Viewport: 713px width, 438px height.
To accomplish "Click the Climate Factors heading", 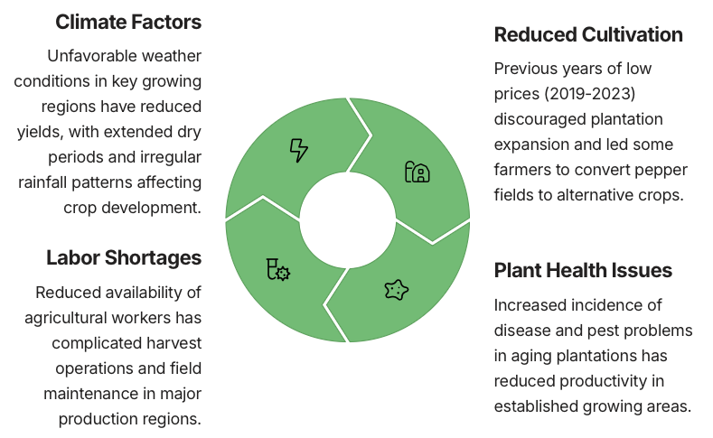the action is click(128, 22).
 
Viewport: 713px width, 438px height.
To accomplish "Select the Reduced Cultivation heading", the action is click(588, 34).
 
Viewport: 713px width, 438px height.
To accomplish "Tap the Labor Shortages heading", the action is click(124, 257).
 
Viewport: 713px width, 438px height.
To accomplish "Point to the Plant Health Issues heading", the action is click(583, 270).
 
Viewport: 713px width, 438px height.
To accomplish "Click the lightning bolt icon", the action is click(299, 151).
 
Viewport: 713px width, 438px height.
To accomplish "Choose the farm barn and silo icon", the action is click(417, 172).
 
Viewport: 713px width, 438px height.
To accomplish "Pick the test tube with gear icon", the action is click(277, 269).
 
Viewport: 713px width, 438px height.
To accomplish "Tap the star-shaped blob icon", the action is click(396, 290).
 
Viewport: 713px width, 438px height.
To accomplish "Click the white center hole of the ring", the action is click(347, 220).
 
